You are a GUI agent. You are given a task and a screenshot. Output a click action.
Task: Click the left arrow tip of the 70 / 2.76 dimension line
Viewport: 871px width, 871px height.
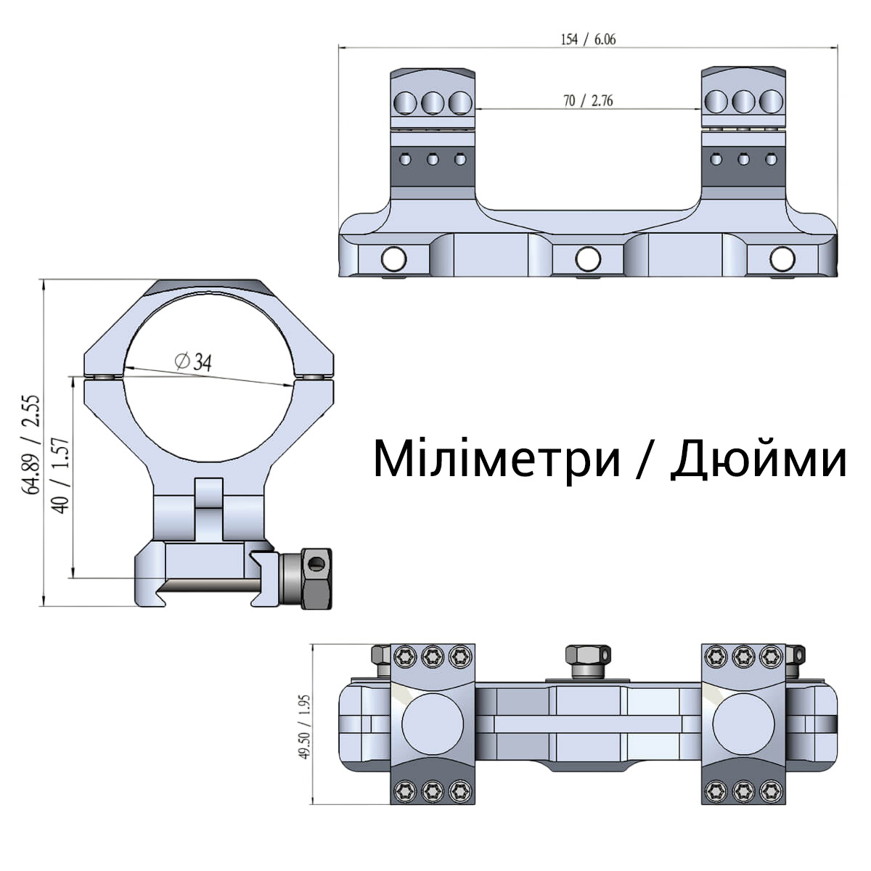tap(475, 109)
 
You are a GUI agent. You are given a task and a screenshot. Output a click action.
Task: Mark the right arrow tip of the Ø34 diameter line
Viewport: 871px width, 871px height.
tap(294, 385)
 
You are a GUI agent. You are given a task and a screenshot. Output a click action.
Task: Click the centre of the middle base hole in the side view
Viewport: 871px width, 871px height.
tap(588, 259)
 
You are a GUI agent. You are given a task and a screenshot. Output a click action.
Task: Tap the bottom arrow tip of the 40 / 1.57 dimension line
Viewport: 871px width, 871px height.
tap(73, 577)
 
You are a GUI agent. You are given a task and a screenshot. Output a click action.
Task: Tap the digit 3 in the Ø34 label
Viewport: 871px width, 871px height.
tap(198, 362)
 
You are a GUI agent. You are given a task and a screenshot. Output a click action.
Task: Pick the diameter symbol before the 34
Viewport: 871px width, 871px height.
tap(182, 360)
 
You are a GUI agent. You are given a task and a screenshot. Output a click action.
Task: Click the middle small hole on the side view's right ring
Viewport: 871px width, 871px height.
tap(743, 159)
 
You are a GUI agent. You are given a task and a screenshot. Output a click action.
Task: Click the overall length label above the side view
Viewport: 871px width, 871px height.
tap(588, 40)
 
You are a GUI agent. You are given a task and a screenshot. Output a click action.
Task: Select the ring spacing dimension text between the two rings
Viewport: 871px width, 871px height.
tap(588, 100)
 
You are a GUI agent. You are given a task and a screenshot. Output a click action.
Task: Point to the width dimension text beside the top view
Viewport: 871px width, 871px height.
tap(306, 727)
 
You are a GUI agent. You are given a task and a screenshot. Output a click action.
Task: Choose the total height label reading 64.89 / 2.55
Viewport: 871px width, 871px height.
tap(34, 444)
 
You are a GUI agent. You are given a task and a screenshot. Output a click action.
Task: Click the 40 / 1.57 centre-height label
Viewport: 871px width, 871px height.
tap(61, 475)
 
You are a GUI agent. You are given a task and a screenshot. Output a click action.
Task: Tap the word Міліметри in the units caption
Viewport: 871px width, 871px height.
tap(496, 459)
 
